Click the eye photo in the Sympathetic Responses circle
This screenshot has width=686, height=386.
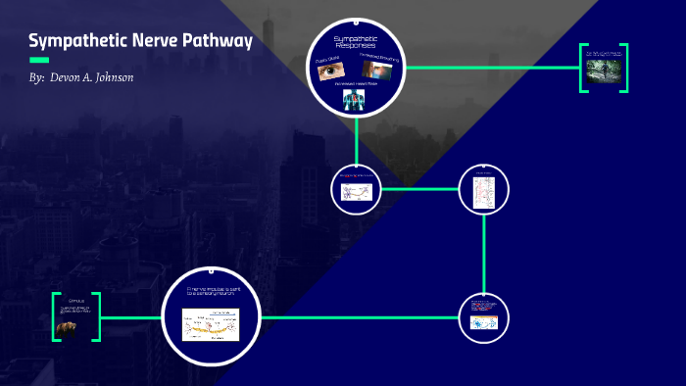329,72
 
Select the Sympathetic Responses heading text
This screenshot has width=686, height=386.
356,42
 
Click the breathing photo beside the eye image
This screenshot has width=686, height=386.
379,72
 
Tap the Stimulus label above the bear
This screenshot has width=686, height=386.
75,298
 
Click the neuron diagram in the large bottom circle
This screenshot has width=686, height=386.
211,324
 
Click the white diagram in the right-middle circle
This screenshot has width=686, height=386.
485,192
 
